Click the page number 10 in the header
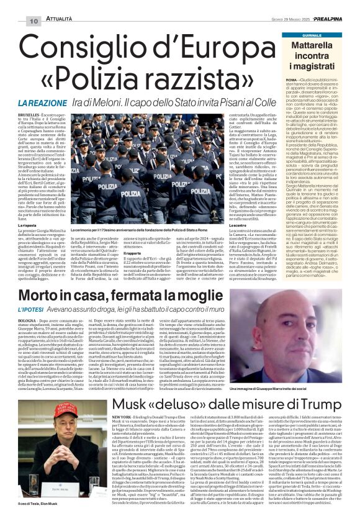(x=33, y=21)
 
